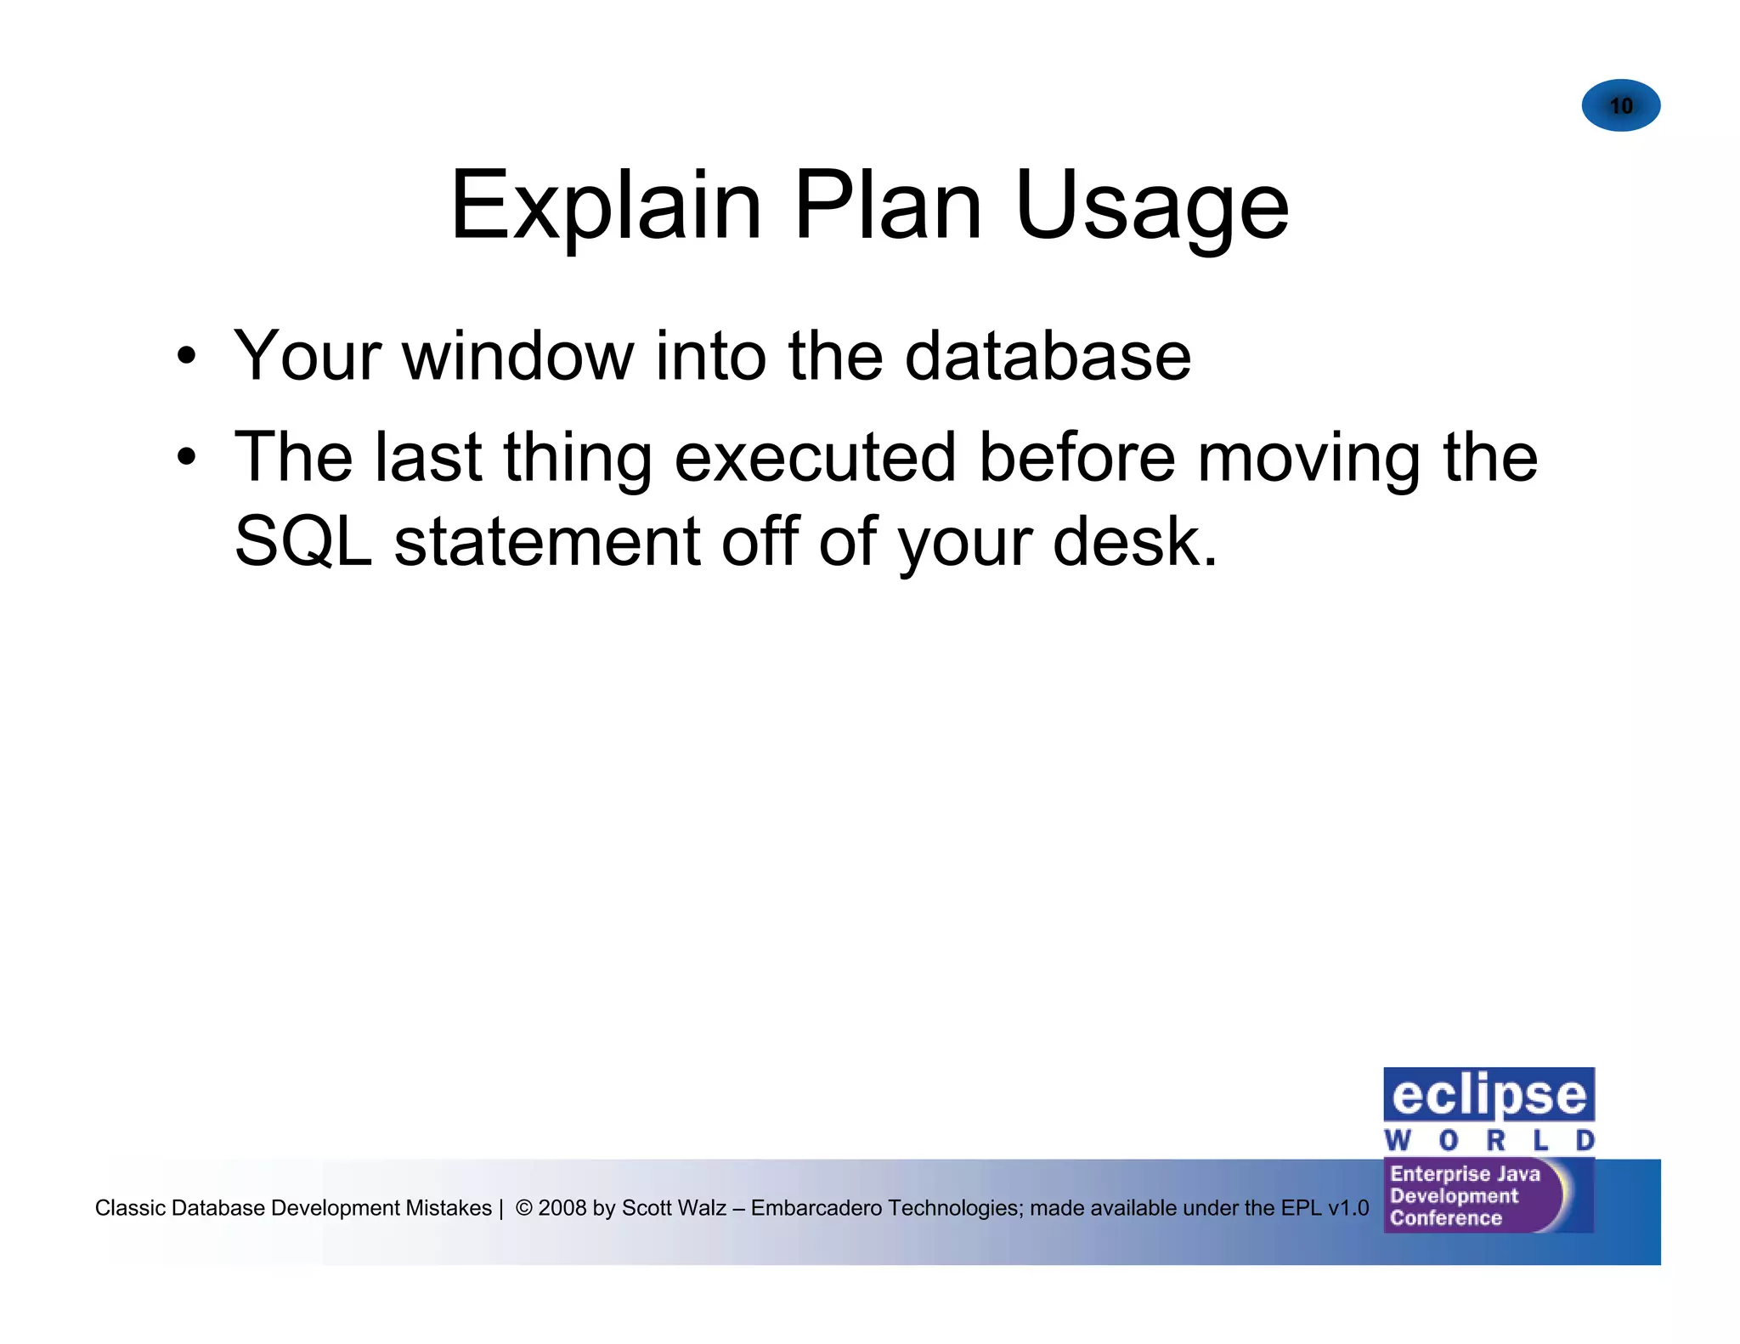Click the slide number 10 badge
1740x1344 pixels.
pyautogui.click(x=1620, y=105)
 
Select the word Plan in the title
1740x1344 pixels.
pyautogui.click(x=887, y=206)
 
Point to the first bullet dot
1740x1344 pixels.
pyautogui.click(x=186, y=357)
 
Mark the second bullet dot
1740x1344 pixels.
pyautogui.click(x=186, y=458)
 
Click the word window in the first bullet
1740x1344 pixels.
pyautogui.click(x=517, y=356)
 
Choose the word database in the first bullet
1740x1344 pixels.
pyautogui.click(x=1048, y=356)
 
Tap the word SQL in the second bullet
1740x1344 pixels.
pyautogui.click(x=302, y=542)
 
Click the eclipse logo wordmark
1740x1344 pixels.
pyautogui.click(x=1489, y=1095)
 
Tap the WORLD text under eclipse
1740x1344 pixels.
pyautogui.click(x=1489, y=1140)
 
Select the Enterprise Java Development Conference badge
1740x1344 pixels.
pyautogui.click(x=1478, y=1195)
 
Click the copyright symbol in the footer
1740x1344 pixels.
pyautogui.click(x=524, y=1207)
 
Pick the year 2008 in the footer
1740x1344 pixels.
pyautogui.click(x=562, y=1207)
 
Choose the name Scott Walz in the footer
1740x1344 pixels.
pyautogui.click(x=674, y=1207)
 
